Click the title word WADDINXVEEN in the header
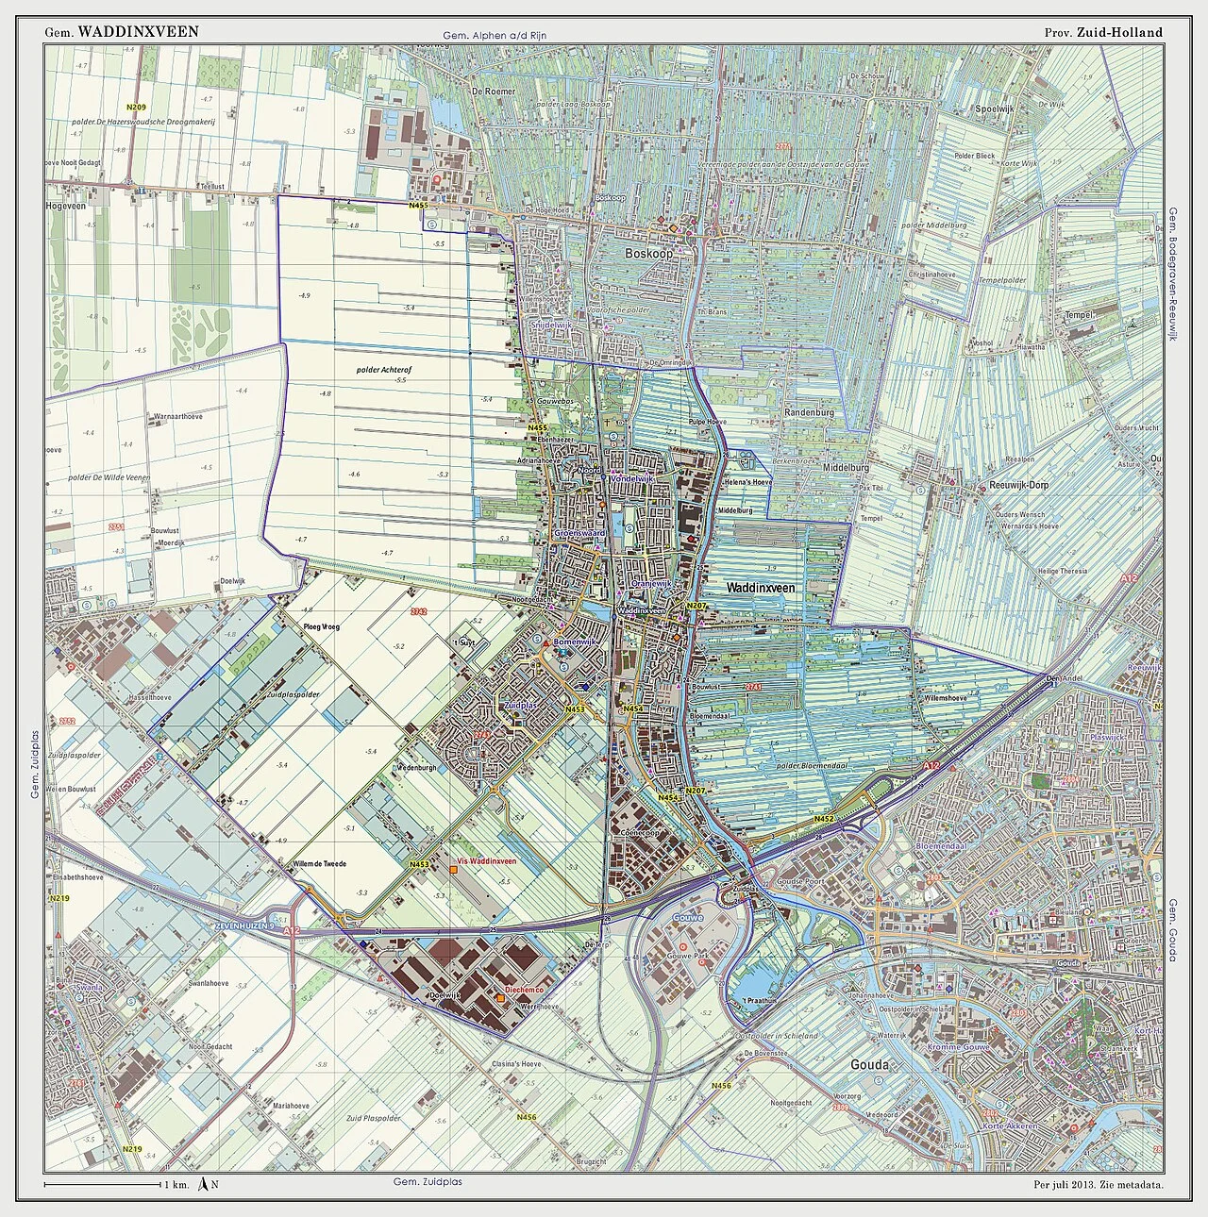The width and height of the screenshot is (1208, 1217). coord(138,31)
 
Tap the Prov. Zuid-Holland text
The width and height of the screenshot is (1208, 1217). coord(1103,31)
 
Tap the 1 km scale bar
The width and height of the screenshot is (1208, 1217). coord(102,1184)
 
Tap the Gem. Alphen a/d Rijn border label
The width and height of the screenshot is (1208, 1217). coord(495,37)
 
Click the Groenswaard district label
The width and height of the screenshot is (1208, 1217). coord(579,533)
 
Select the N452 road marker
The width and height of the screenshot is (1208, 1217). coord(825,820)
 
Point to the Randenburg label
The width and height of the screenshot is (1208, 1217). coord(811,413)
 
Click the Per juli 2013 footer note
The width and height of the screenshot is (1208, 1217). coord(1097,1184)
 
